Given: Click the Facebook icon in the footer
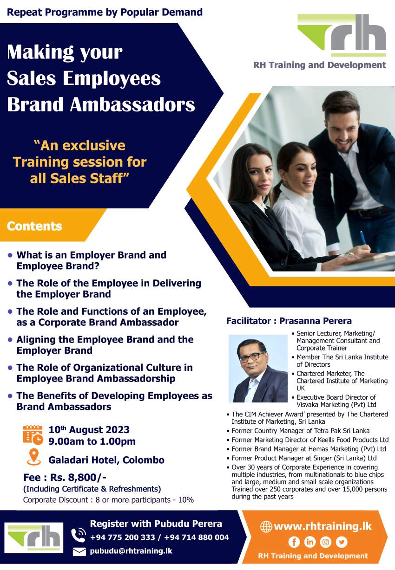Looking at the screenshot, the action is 294,542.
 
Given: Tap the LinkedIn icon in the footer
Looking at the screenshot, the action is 309,542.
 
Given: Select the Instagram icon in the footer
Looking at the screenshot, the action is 325,542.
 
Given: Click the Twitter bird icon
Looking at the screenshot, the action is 342,542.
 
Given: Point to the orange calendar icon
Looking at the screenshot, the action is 33,435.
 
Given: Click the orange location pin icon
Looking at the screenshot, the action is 34,457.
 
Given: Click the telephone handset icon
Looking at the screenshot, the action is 78,535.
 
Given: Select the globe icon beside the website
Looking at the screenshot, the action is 266,526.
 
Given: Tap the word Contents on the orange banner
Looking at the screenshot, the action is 34,226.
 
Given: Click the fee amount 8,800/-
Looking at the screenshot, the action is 78,478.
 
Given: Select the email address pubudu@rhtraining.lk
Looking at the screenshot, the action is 131,551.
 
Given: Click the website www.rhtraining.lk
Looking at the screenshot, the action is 323,526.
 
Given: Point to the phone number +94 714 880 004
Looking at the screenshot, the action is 197,537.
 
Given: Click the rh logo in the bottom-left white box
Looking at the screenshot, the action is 33,538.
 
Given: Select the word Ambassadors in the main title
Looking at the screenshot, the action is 132,104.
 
